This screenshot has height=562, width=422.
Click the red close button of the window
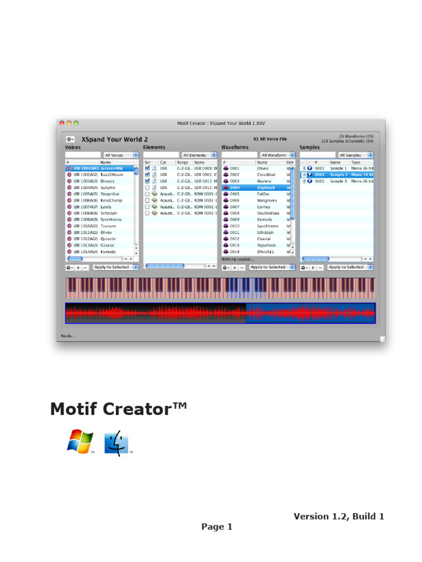point(62,123)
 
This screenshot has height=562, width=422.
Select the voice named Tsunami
point(108,226)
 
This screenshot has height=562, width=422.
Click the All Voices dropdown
point(121,155)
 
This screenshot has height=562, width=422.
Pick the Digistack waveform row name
point(266,188)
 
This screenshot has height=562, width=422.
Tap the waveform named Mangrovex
point(268,200)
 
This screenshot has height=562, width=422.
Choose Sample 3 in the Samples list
point(338,181)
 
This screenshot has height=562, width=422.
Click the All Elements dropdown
point(199,155)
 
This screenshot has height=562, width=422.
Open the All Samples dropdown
point(355,155)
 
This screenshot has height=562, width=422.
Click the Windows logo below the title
point(80,442)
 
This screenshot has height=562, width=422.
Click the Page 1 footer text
point(216,527)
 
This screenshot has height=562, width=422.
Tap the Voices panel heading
point(73,148)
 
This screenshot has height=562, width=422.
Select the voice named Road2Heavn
point(112,175)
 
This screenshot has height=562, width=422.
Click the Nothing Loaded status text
point(238,259)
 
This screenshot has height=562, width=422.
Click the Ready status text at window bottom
point(68,336)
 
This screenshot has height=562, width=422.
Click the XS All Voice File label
point(270,139)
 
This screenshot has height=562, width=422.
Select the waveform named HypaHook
point(268,245)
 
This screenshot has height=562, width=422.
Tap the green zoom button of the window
point(76,123)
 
